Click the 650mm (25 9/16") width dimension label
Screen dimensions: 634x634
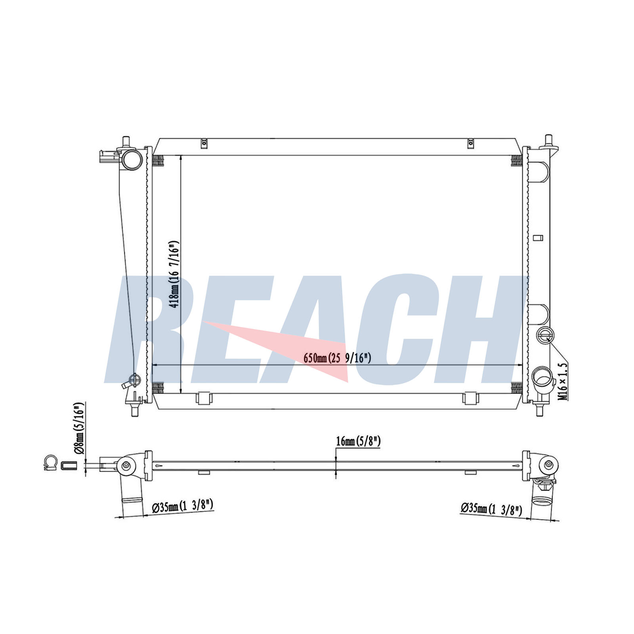coord(337,358)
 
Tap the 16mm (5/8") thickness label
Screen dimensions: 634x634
coord(358,441)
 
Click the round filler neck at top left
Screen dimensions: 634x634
coord(132,159)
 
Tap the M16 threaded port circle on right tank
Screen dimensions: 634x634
coord(545,336)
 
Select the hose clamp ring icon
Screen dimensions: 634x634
coord(51,462)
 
